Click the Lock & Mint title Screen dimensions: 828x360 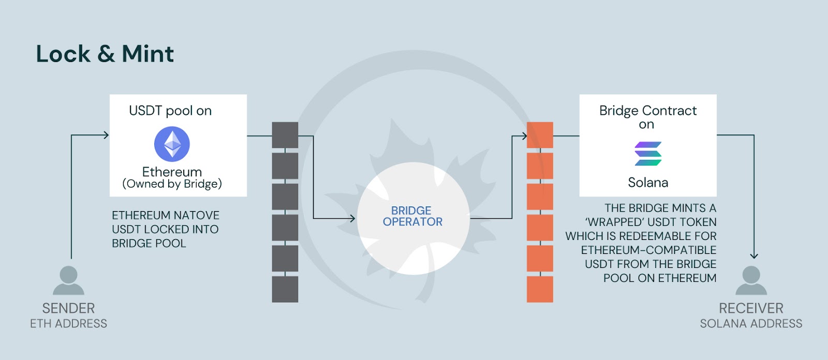(x=105, y=54)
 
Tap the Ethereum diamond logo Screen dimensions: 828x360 (x=172, y=144)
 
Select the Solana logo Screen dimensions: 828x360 (x=648, y=154)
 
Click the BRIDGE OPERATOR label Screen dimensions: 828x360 (x=412, y=216)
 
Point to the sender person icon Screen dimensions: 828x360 (x=68, y=280)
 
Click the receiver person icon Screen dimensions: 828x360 (x=751, y=280)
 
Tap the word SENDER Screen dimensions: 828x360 (x=68, y=308)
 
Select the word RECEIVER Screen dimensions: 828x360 (x=751, y=308)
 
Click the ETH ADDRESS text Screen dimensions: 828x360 (x=68, y=324)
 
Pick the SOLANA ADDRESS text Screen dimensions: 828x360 (x=751, y=324)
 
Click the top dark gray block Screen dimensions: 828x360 (x=285, y=135)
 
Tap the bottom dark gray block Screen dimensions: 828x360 (x=285, y=290)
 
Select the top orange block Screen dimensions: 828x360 (x=540, y=135)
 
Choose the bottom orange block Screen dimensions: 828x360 (x=540, y=290)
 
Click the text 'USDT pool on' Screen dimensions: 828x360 (x=170, y=111)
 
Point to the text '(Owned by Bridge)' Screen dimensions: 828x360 (x=172, y=184)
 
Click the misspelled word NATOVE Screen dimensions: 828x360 (x=197, y=215)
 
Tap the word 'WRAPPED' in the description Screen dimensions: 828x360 (x=615, y=222)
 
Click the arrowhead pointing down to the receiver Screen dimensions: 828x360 (x=754, y=256)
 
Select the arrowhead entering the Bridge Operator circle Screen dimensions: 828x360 (x=352, y=218)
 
